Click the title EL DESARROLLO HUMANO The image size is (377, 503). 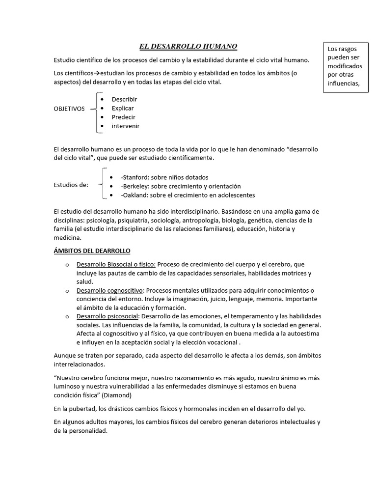pyautogui.click(x=188, y=47)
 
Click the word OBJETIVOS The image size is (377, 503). pyautogui.click(x=69, y=109)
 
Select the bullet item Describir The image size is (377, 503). pyautogui.click(x=124, y=99)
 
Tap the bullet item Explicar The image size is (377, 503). pyautogui.click(x=123, y=108)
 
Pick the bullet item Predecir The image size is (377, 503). pyautogui.click(x=123, y=117)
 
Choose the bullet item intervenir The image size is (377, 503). pyautogui.click(x=126, y=126)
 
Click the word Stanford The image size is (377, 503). pyautogui.click(x=134, y=177)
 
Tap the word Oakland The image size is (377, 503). pyautogui.click(x=134, y=195)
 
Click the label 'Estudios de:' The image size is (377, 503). pyautogui.click(x=71, y=185)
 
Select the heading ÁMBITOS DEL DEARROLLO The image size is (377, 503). pyautogui.click(x=92, y=251)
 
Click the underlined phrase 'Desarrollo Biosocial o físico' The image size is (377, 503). pyautogui.click(x=116, y=264)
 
